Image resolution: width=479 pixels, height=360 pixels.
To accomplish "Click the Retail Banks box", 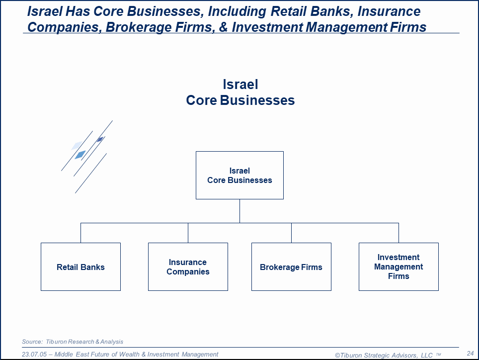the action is click(x=80, y=267).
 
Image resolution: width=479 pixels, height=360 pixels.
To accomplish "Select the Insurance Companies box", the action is click(x=188, y=267).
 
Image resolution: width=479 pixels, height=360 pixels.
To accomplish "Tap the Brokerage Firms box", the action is click(x=291, y=267).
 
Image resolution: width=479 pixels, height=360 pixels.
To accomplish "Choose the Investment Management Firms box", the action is click(x=399, y=267).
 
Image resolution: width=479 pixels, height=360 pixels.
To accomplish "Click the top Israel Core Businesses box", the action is click(x=239, y=176).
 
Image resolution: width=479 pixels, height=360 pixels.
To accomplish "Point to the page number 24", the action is click(x=470, y=353).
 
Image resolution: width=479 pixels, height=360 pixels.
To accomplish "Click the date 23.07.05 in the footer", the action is click(x=34, y=354).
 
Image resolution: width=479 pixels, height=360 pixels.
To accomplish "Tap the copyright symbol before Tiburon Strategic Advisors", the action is click(x=337, y=356).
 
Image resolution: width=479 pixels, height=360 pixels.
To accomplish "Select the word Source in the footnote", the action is click(x=32, y=342).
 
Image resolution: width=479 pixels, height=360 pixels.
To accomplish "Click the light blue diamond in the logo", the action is click(x=80, y=155).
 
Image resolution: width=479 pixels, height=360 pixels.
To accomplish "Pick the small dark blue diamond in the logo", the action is click(x=100, y=139).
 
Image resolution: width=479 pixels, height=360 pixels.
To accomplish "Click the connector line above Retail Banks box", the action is click(x=80, y=233).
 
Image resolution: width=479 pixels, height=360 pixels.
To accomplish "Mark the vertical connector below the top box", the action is click(x=239, y=211).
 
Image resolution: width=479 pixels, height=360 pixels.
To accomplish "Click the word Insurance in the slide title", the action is click(x=389, y=11).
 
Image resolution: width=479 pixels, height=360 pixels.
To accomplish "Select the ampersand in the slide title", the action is click(x=223, y=27).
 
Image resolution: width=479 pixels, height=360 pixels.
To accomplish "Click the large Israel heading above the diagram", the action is click(x=240, y=85).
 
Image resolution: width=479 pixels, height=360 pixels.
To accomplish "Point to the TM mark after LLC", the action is click(x=438, y=355).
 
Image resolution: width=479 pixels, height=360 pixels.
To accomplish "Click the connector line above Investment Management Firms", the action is click(x=399, y=233).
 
